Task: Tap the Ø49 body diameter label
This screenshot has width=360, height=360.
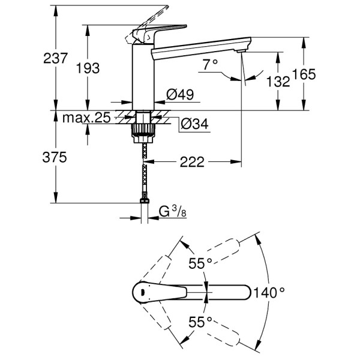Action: [179, 94]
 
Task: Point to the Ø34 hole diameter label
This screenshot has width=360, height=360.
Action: [193, 124]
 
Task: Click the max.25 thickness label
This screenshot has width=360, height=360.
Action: [86, 118]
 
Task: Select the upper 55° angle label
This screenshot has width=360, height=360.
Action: [200, 262]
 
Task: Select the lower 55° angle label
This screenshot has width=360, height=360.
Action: [200, 322]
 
